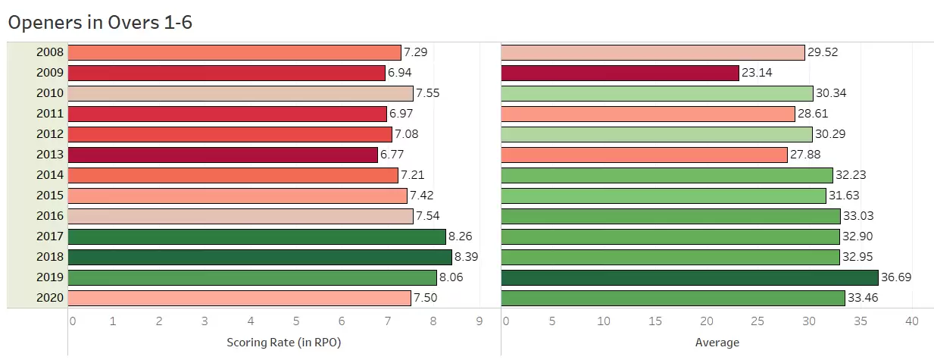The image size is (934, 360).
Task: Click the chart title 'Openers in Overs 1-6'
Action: coord(100,23)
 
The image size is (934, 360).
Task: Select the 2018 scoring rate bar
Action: coord(260,257)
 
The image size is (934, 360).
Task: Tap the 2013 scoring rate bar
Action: coord(223,155)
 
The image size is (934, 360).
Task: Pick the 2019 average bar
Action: coord(689,277)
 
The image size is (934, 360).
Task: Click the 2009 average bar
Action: coord(620,73)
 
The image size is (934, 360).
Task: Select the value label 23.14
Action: coord(758,73)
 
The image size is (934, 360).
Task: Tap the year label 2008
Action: coord(48,52)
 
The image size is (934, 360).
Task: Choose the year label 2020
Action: coord(48,298)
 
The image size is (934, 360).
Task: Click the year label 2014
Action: coord(48,175)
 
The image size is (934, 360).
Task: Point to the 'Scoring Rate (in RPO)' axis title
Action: coord(284,343)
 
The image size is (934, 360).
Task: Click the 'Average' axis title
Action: coord(717,343)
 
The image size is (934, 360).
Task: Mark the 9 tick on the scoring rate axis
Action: coord(479,321)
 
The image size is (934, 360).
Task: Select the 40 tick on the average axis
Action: coord(911,321)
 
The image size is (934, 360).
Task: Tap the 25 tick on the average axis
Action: coord(758,321)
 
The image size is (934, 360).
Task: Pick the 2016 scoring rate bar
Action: coord(240,216)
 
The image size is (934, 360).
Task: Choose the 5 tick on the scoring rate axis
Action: coord(296,321)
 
